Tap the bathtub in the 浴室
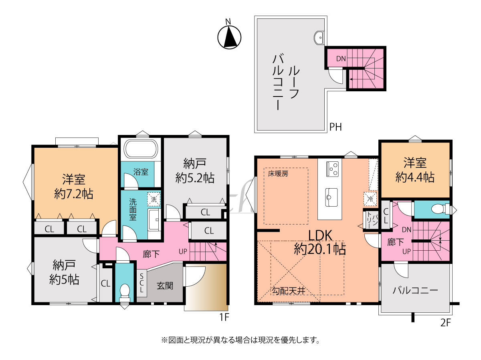click(x=141, y=149)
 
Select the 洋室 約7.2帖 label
click(x=74, y=187)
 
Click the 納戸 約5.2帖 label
click(x=195, y=171)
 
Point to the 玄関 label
click(x=165, y=286)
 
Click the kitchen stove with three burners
click(x=332, y=169)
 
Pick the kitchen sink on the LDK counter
click(x=331, y=197)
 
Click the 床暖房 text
click(x=278, y=174)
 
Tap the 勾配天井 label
click(x=289, y=291)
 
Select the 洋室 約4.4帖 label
click(x=415, y=170)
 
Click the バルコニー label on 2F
click(x=415, y=290)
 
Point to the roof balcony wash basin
click(x=319, y=38)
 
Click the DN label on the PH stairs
click(x=341, y=58)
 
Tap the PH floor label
click(x=335, y=127)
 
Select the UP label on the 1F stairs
click(x=183, y=251)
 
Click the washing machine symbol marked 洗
click(x=154, y=199)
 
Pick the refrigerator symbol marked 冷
click(x=370, y=199)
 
